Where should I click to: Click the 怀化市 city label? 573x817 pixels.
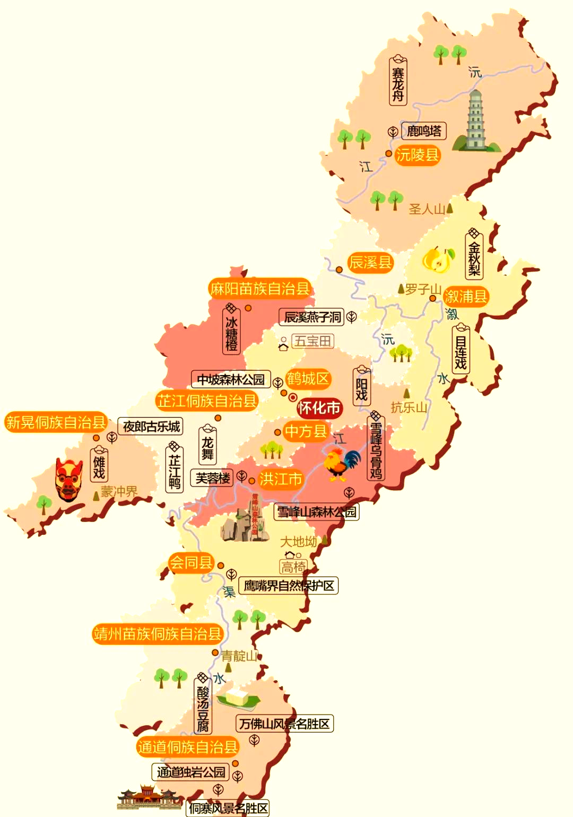point(319,408)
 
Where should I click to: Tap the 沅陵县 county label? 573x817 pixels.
point(418,155)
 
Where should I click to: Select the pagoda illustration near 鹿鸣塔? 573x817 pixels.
point(475,121)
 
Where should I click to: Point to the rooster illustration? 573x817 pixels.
point(340,464)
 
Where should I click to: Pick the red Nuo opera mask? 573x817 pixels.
point(69,480)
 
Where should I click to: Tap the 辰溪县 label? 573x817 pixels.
point(370,262)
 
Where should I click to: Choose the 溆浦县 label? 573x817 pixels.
point(466,296)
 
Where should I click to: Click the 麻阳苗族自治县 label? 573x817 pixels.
point(259,289)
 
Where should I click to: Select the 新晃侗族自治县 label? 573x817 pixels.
point(55,422)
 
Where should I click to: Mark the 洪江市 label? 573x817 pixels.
point(281,479)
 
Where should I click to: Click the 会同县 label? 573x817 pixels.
point(191,562)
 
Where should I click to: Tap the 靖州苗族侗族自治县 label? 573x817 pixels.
point(157,633)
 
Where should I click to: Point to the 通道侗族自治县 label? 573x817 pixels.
point(187,747)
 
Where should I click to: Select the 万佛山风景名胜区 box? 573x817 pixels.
point(284,724)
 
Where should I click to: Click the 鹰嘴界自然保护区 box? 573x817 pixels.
point(289,586)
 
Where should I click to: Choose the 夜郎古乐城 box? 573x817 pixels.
point(151,426)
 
